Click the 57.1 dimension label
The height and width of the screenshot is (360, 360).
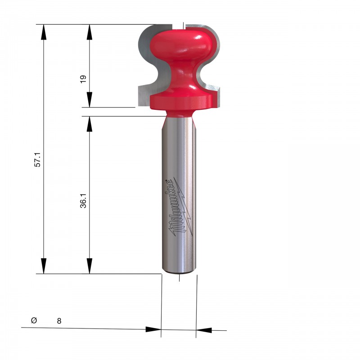click(37, 159)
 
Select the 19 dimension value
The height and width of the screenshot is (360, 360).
click(83, 79)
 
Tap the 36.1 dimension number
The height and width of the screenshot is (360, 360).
click(83, 201)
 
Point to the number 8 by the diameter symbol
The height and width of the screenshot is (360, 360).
click(59, 321)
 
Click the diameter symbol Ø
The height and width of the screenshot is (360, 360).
click(34, 320)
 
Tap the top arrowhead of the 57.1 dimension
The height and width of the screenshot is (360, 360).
click(44, 32)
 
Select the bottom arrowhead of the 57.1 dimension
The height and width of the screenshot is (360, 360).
click(44, 266)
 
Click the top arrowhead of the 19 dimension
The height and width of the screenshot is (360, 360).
click(90, 32)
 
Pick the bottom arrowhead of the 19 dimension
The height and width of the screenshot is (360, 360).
click(90, 99)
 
